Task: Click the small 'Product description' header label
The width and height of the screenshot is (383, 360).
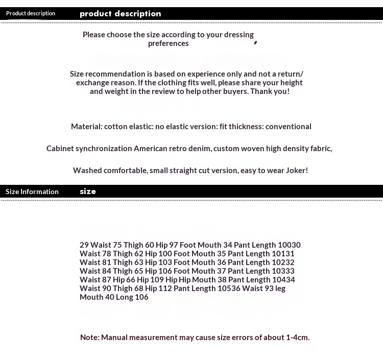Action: pos(31,13)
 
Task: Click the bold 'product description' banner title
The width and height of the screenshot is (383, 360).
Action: pos(121,14)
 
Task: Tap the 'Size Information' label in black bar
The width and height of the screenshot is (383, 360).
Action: pos(32,191)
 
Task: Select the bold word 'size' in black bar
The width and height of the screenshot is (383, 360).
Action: pos(88,191)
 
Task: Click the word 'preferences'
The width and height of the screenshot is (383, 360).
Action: pos(169,43)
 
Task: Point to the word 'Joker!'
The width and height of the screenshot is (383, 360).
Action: pos(296,171)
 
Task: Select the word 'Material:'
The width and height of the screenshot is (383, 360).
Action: pos(86,127)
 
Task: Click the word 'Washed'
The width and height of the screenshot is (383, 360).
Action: pos(87,171)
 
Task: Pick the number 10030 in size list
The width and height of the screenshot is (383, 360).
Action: pos(289,245)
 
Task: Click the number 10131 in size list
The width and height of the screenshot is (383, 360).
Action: pos(283,254)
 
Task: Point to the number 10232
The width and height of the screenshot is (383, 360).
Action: pos(283,262)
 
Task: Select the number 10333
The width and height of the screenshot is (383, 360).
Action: pos(283,271)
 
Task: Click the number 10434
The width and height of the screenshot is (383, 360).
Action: pos(283,280)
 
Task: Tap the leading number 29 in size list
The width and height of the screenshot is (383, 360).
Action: pos(84,245)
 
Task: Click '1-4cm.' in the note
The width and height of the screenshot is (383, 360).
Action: pos(298,338)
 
